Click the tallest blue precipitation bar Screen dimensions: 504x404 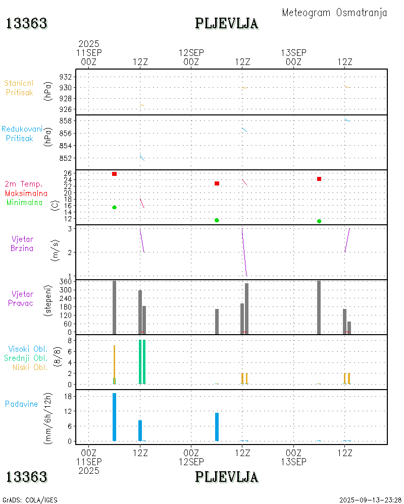click(115, 417)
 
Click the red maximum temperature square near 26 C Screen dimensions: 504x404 click(115, 174)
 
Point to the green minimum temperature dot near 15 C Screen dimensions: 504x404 click(115, 207)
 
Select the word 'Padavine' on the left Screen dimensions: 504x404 click(21, 404)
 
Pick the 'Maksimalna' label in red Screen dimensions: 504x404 click(26, 193)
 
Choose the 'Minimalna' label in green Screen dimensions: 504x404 click(25, 203)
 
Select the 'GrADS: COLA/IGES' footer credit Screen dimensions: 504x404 click(30, 500)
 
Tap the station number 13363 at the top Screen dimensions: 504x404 click(27, 23)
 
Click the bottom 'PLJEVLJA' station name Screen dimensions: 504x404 click(227, 477)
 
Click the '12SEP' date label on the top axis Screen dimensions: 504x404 click(191, 52)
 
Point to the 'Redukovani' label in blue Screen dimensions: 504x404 click(22, 129)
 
